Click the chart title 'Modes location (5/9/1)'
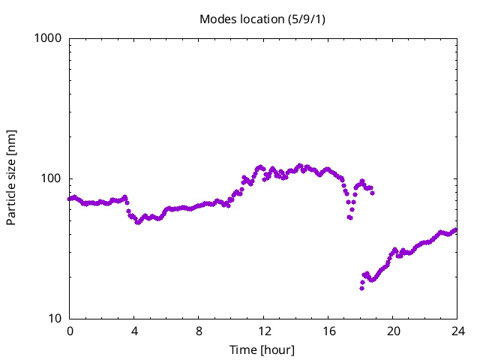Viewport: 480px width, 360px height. [x=262, y=19]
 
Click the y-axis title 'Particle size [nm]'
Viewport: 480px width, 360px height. [x=11, y=178]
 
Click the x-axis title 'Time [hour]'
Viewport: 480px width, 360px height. [x=262, y=350]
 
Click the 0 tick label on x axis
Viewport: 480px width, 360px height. [x=70, y=331]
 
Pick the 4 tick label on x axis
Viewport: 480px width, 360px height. [x=134, y=331]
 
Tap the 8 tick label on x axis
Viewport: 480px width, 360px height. [x=199, y=331]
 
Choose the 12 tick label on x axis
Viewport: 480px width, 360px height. [x=263, y=331]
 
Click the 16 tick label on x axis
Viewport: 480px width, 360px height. [x=328, y=331]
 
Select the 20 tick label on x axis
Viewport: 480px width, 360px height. [x=392, y=331]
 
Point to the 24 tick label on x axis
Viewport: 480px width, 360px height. [x=457, y=331]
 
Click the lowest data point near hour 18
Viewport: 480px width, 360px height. [x=361, y=288]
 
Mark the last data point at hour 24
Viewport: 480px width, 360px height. [x=455, y=230]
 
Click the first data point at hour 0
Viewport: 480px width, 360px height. [x=70, y=199]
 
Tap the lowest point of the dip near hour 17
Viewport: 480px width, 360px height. [x=349, y=217]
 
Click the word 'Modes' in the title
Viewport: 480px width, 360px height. [x=216, y=19]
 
